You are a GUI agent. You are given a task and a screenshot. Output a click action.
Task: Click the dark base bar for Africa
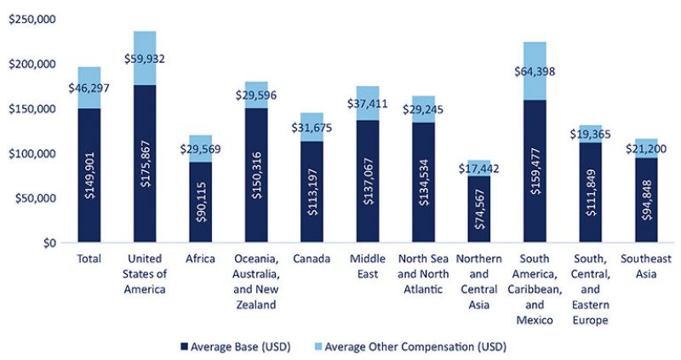pyautogui.click(x=200, y=202)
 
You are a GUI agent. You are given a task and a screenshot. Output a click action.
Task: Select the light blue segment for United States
pyautogui.click(x=145, y=58)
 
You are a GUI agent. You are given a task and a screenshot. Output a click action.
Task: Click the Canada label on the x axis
pyautogui.click(x=311, y=259)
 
